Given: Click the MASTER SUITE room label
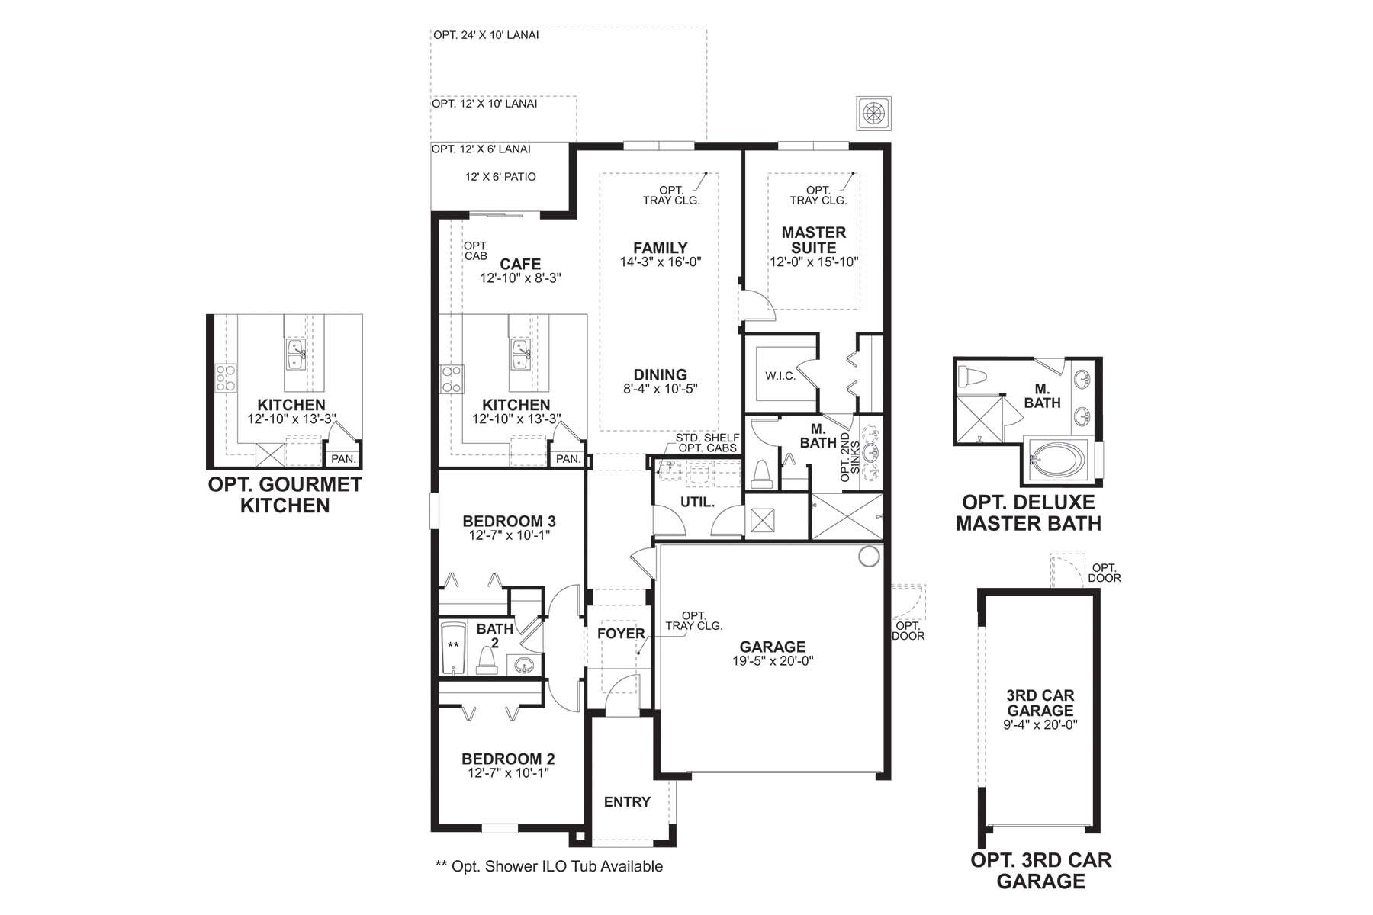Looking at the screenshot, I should pyautogui.click(x=814, y=240).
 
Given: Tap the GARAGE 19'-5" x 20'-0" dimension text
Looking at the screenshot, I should pyautogui.click(x=773, y=661).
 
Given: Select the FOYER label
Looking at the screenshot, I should pyautogui.click(x=620, y=634).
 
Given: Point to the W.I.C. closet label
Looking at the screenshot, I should pyautogui.click(x=780, y=376).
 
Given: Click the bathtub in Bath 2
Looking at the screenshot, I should pyautogui.click(x=454, y=648).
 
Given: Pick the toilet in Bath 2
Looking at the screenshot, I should pyautogui.click(x=487, y=660).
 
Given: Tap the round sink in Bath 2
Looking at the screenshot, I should pyautogui.click(x=523, y=666).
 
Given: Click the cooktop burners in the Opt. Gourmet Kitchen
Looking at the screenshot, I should pyautogui.click(x=226, y=378).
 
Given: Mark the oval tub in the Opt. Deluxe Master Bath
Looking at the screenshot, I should pyautogui.click(x=1059, y=461).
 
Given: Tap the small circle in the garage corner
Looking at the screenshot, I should pyautogui.click(x=868, y=557).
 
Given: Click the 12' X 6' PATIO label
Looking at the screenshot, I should pyautogui.click(x=500, y=177).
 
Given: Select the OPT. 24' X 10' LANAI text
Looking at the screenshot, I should pyautogui.click(x=486, y=35).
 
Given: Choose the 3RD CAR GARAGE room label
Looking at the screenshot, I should pyautogui.click(x=1040, y=703).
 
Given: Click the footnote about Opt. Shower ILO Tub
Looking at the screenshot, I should pyautogui.click(x=548, y=866).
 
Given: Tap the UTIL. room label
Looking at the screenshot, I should pyautogui.click(x=697, y=502).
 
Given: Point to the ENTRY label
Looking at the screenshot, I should pyautogui.click(x=627, y=802).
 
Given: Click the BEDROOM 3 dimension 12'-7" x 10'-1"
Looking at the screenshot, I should pyautogui.click(x=509, y=535).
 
